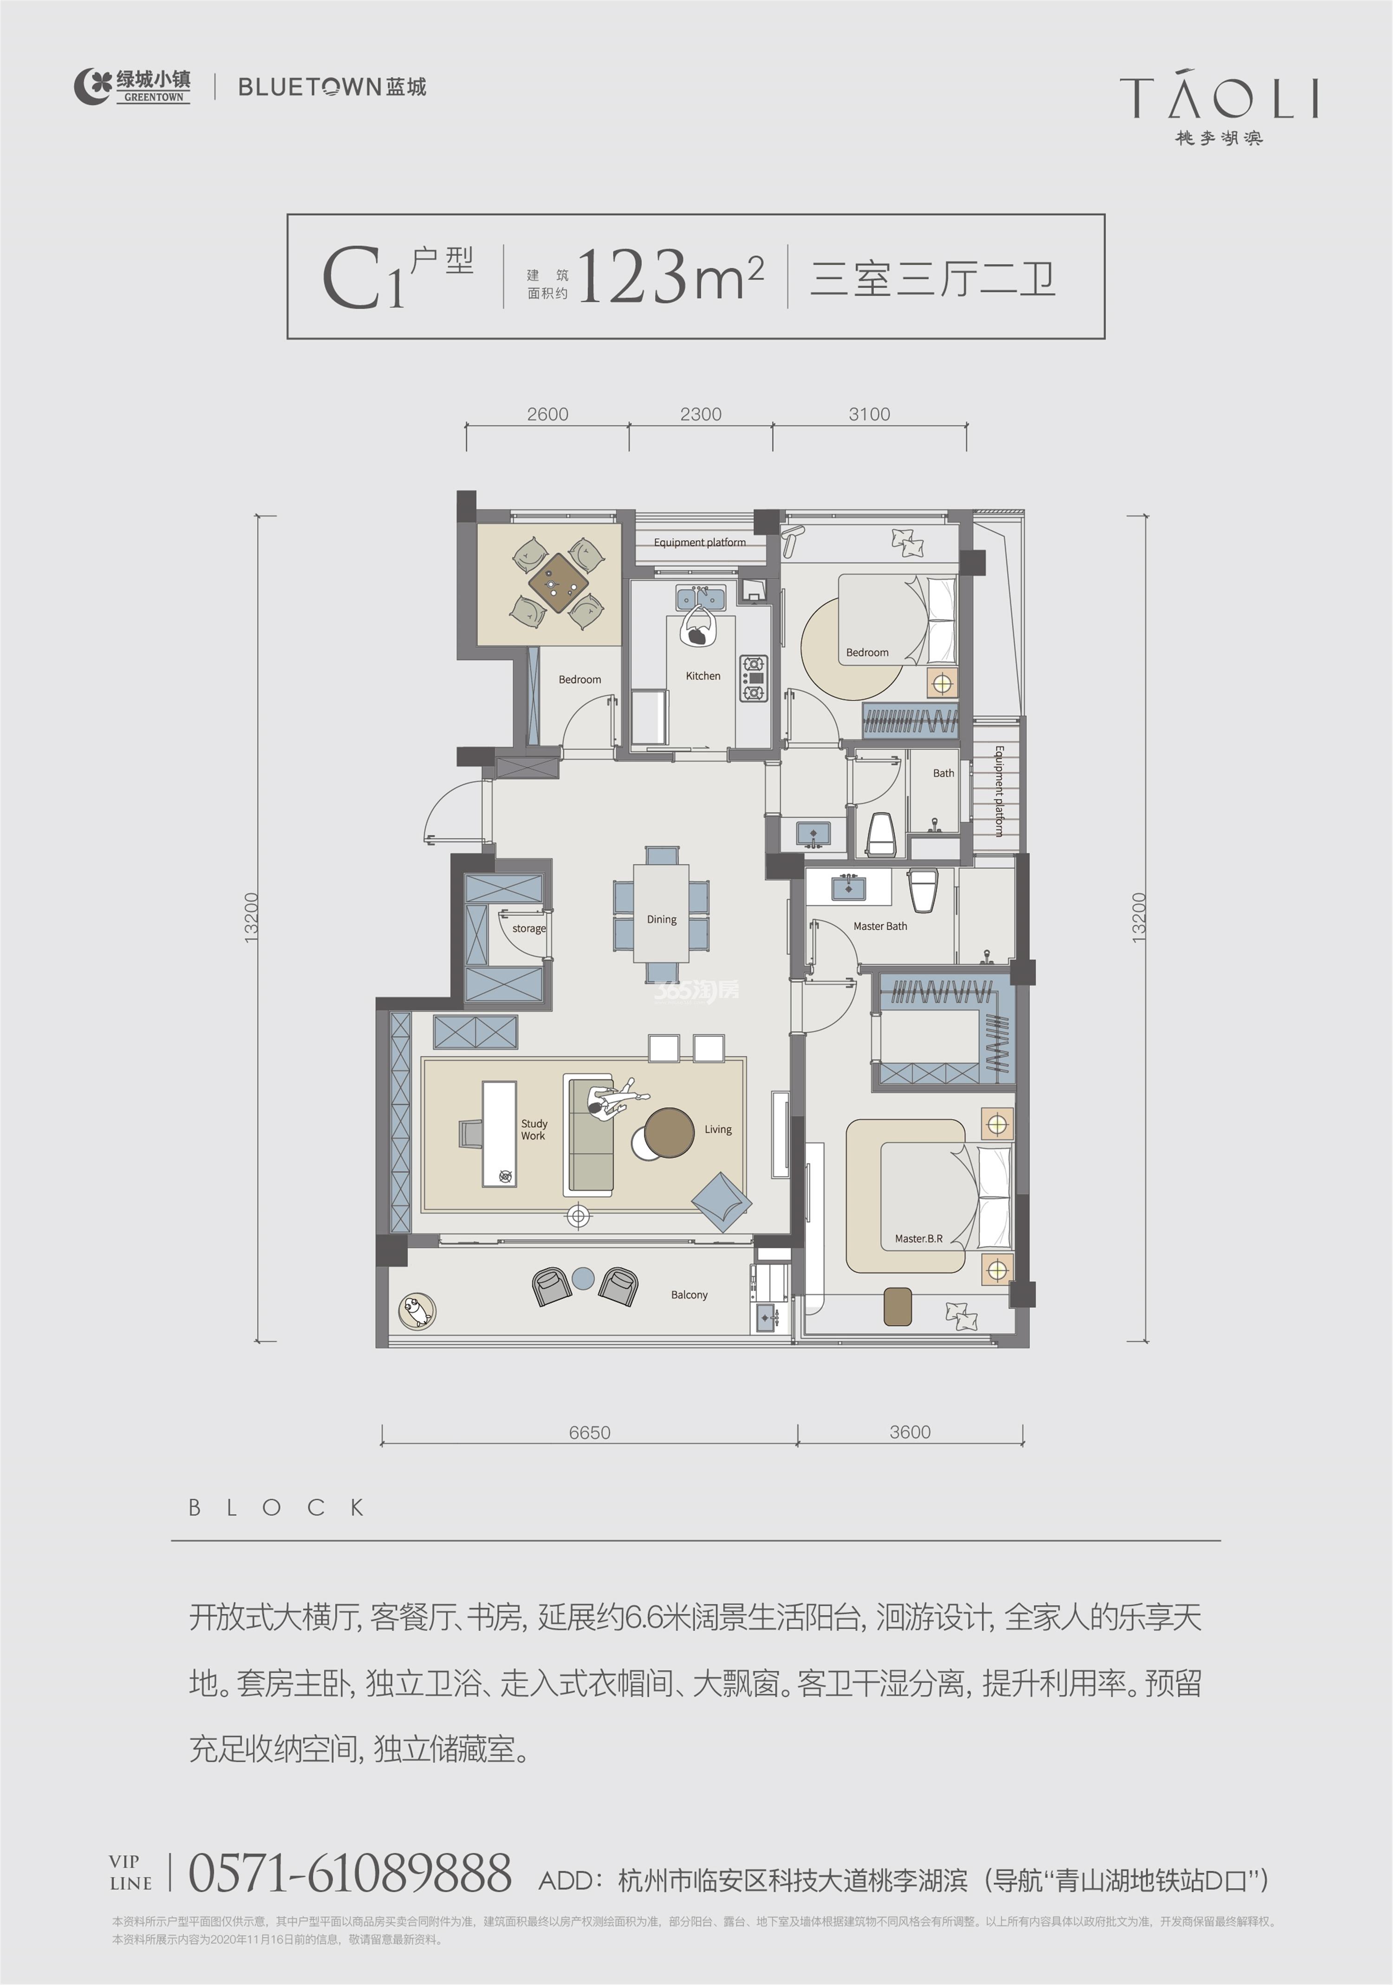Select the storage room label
coord(529,928)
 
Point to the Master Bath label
coord(880,926)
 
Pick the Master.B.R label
coord(918,1238)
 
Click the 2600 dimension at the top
coord(548,414)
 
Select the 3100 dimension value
coord(869,414)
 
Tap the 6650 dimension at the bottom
coord(589,1433)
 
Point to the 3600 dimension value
coord(910,1432)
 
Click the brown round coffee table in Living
coord(670,1132)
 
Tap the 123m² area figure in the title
coord(670,276)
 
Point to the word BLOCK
coord(277,1508)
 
